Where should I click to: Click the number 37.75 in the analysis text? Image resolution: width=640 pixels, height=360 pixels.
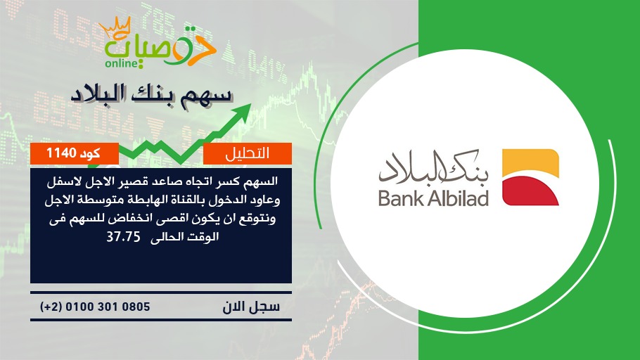tap(123, 237)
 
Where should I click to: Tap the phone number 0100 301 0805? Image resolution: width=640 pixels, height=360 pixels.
tap(108, 307)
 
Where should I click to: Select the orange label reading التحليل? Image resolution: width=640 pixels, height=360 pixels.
tap(248, 153)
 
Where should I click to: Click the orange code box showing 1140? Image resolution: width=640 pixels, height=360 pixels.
tap(75, 153)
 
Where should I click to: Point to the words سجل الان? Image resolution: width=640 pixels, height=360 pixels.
tap(251, 307)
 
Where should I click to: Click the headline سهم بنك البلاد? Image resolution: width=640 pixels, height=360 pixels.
tap(151, 95)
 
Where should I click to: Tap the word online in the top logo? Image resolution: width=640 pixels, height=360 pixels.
tap(121, 63)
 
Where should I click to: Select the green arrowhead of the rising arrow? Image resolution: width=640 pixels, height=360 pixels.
tap(243, 111)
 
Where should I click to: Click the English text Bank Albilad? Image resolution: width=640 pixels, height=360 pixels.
tap(433, 198)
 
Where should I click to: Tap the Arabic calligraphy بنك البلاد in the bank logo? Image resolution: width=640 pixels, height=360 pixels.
tap(433, 168)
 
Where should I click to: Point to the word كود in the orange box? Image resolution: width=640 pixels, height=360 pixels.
tap(90, 153)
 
